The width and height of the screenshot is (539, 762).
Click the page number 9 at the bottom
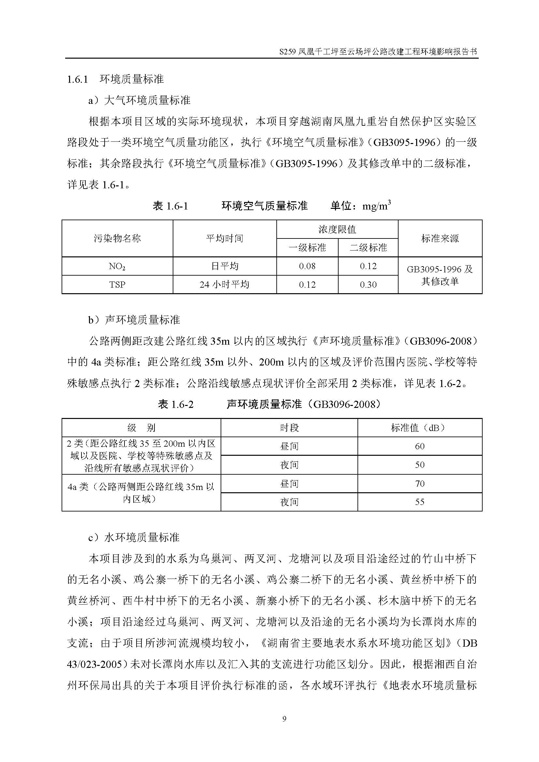(x=284, y=719)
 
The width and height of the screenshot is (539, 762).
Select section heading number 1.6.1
(x=77, y=79)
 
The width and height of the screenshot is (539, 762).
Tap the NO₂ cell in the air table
(x=117, y=266)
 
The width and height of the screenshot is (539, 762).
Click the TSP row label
(x=117, y=285)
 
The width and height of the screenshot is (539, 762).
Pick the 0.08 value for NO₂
(x=307, y=266)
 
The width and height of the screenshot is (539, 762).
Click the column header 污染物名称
(x=117, y=238)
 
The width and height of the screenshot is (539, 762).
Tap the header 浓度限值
(x=337, y=229)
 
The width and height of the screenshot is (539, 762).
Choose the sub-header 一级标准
(x=307, y=248)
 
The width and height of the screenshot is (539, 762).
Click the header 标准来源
(x=440, y=238)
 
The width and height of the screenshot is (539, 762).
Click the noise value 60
(x=419, y=446)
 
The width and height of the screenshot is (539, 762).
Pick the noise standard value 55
(x=419, y=502)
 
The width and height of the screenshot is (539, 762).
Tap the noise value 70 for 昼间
(x=419, y=483)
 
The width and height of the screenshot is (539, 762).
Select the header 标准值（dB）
(x=419, y=428)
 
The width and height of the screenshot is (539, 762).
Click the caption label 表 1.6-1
(x=170, y=206)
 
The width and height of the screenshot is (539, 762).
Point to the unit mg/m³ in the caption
(x=376, y=206)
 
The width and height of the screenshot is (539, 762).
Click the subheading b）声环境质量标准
(x=134, y=320)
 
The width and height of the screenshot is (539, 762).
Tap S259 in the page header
(x=287, y=52)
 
